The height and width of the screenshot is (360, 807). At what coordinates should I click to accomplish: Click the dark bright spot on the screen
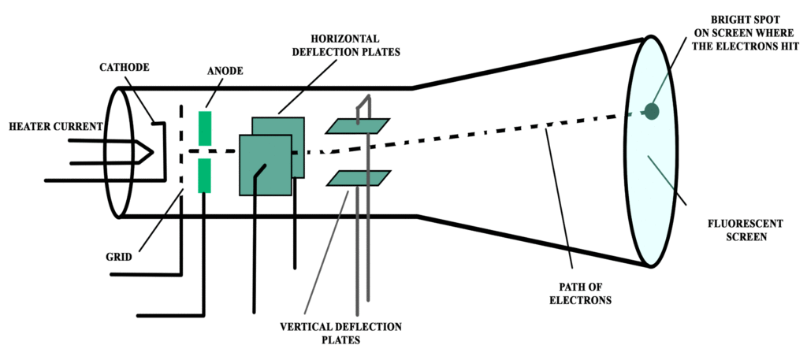pyautogui.click(x=651, y=111)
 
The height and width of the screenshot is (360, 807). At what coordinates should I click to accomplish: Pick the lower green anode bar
pyautogui.click(x=205, y=175)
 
